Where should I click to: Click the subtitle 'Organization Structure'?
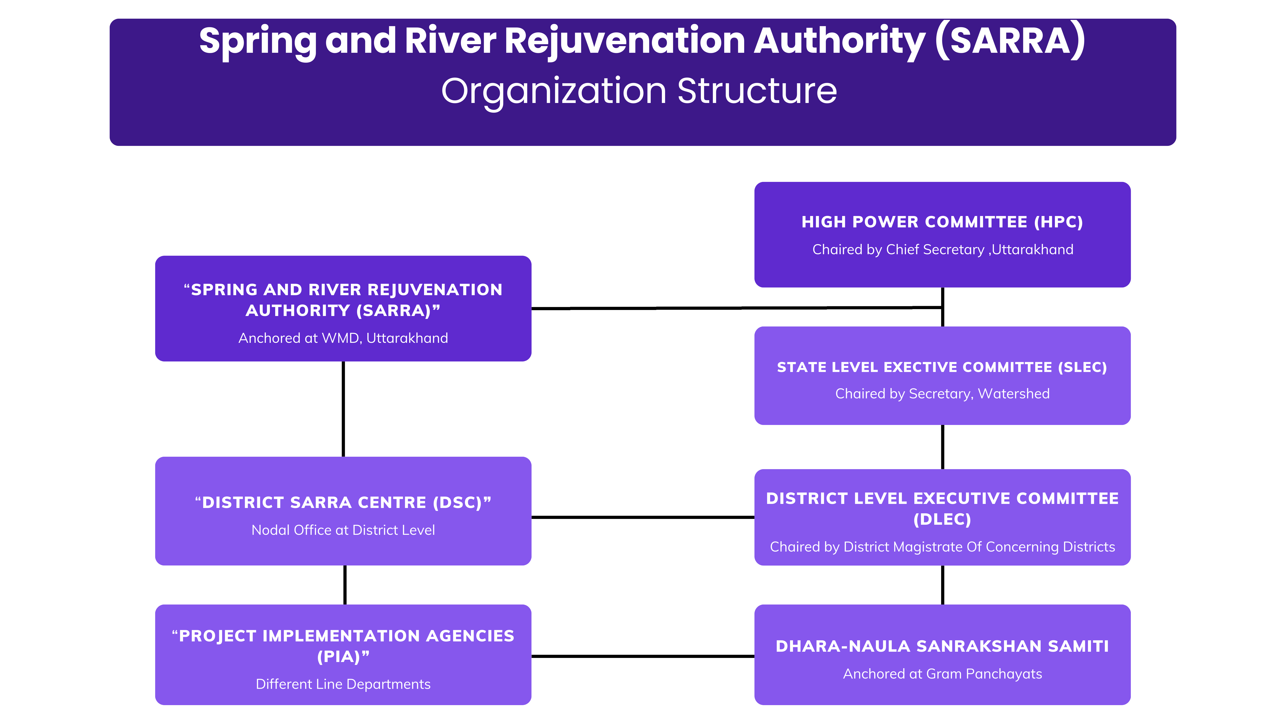coord(639,91)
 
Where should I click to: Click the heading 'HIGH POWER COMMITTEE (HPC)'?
coord(942,222)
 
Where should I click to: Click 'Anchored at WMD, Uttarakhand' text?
coord(343,338)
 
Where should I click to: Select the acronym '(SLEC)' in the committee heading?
coord(1082,367)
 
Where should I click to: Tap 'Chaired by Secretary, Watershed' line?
coord(942,394)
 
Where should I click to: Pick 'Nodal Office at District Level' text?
coord(343,530)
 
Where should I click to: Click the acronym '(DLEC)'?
coord(942,520)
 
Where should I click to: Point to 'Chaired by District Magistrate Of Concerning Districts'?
coord(942,547)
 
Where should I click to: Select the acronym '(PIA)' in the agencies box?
coord(343,657)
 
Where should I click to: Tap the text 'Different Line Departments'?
coord(343,684)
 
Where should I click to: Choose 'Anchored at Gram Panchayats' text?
coord(942,674)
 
